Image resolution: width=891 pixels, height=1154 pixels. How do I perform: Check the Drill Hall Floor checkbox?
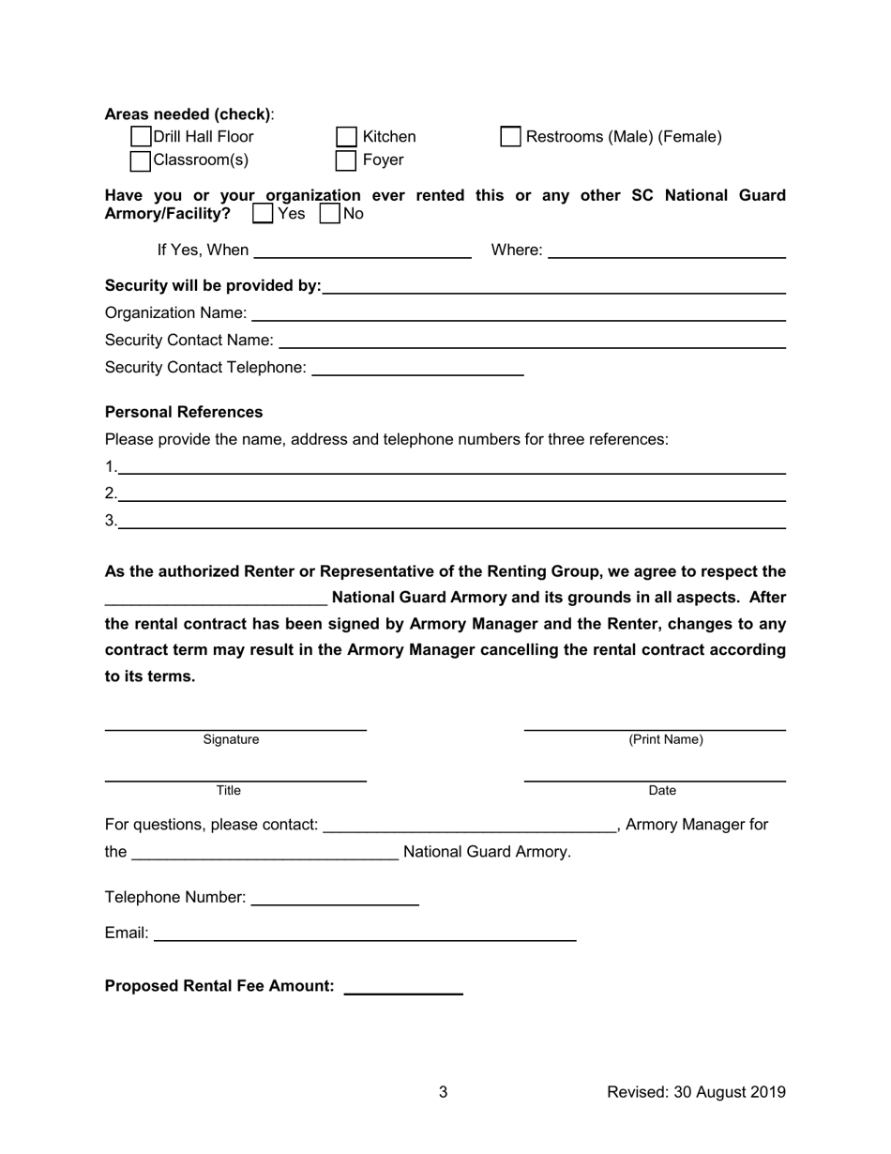(141, 137)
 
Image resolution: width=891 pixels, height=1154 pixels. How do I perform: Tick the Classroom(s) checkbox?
(141, 160)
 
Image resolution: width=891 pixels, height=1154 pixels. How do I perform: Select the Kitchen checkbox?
(347, 137)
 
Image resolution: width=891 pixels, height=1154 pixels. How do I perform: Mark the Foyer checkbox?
(347, 160)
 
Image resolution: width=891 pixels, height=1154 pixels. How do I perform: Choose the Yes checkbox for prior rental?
(264, 214)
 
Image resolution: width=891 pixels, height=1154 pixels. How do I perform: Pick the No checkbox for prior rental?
(330, 214)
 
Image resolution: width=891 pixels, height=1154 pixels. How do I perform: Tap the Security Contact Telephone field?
(416, 368)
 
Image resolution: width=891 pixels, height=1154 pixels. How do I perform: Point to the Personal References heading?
(184, 413)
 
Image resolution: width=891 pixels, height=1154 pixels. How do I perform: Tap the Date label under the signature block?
(662, 791)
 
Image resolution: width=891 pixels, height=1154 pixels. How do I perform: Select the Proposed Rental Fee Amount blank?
(403, 986)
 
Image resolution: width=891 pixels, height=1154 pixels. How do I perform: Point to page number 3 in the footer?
(444, 1092)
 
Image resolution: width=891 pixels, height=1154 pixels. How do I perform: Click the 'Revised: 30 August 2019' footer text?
(696, 1092)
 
